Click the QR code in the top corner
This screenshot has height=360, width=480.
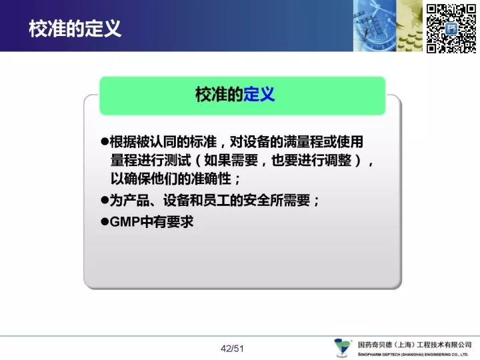pos(451,29)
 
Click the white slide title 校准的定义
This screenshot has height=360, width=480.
pos(75,29)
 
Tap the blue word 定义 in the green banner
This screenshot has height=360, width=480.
pos(259,94)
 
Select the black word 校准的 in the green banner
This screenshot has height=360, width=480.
pos(219,94)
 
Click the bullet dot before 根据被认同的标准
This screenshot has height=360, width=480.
pos(105,141)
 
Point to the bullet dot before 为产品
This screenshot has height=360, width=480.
pos(105,200)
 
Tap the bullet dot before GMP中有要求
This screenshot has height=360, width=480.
pos(105,221)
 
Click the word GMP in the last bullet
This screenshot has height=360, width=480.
pos(125,221)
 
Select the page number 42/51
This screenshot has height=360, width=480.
pos(232,349)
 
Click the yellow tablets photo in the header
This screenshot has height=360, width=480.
pos(410,26)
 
